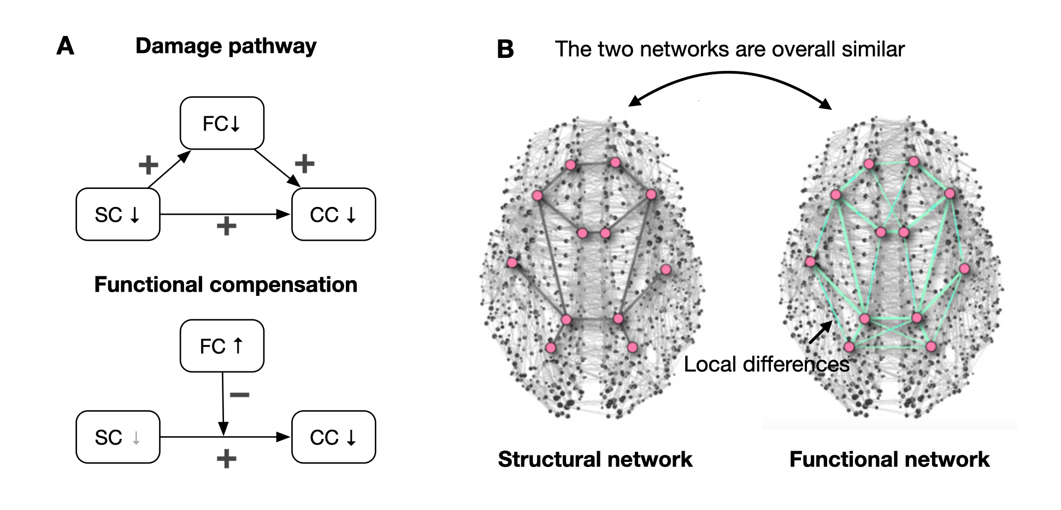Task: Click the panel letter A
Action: point(66,46)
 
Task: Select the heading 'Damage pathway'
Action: point(226,46)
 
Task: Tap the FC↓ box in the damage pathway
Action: point(222,123)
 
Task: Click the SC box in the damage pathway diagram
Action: point(117,215)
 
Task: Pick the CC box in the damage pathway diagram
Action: point(333,215)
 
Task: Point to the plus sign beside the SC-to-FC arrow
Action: point(148,164)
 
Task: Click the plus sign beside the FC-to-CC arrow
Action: point(304,163)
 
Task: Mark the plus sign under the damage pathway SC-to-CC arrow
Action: point(226,226)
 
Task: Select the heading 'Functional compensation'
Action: point(226,284)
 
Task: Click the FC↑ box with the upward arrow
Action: point(222,346)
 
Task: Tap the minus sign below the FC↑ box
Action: point(239,394)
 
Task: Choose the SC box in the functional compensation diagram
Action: point(117,437)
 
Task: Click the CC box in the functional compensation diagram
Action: point(333,437)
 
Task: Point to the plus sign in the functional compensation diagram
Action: point(226,459)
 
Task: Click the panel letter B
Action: point(505,50)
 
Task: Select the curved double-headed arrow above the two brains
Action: point(730,79)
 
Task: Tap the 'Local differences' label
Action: point(767,364)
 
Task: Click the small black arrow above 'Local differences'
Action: point(820,333)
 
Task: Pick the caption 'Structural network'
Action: point(595,459)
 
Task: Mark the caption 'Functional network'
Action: point(889,459)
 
